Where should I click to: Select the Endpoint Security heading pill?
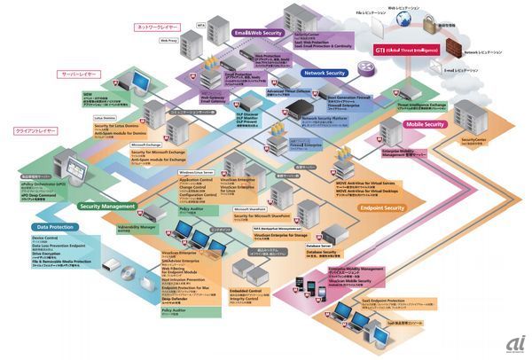(x=382, y=207)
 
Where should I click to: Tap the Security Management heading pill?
(x=106, y=206)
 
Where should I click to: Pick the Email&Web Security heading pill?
(x=256, y=33)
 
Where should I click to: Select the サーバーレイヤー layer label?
(x=78, y=74)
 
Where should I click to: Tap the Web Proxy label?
(x=168, y=40)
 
